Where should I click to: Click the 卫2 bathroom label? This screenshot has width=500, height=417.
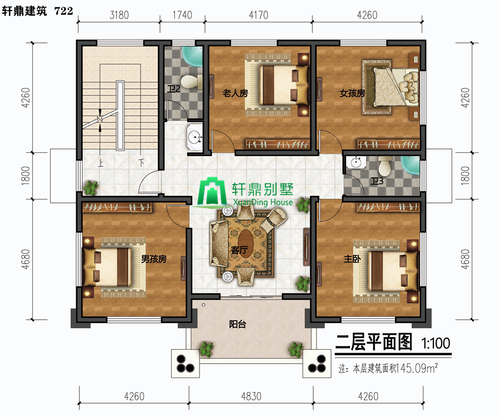(174, 89)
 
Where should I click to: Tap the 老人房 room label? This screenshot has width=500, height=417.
(235, 93)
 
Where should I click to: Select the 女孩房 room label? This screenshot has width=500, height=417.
(352, 93)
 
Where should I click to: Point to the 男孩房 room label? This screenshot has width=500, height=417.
(154, 259)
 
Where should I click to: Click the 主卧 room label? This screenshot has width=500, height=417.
(352, 259)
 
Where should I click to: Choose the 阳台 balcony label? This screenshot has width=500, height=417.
(238, 325)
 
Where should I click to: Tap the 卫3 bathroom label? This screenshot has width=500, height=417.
(377, 181)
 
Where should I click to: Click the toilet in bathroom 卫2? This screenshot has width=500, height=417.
(191, 82)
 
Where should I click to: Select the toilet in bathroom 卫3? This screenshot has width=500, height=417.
(384, 166)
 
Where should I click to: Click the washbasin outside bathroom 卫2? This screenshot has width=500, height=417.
(194, 137)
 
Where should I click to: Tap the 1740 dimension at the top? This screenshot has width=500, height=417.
(182, 15)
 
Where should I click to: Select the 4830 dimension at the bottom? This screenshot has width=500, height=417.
(251, 396)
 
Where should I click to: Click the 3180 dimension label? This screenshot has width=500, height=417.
(119, 15)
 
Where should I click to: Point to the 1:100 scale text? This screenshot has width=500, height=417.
(435, 343)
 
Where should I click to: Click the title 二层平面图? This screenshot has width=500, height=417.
(374, 342)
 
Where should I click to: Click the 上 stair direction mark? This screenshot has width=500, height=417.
(100, 163)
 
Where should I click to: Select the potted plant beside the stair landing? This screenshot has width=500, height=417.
(91, 187)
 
